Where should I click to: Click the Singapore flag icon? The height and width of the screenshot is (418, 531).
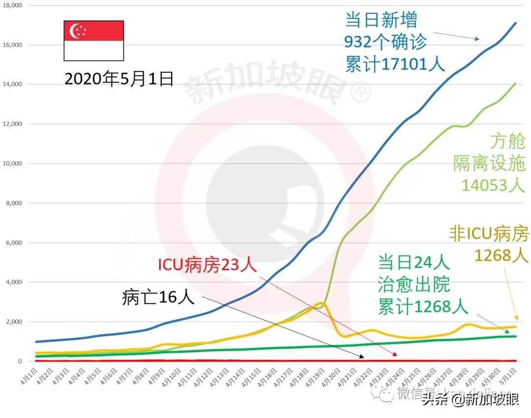tap(93, 41)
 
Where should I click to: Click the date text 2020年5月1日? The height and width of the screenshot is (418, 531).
tap(119, 79)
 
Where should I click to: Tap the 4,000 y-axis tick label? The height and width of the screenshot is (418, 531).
tap(14, 282)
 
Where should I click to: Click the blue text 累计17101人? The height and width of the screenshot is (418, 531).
tap(394, 64)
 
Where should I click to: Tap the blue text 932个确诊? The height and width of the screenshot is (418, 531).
tap(386, 42)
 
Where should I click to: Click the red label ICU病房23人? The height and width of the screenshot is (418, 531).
tap(207, 265)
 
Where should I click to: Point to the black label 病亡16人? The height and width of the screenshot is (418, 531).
tap(158, 298)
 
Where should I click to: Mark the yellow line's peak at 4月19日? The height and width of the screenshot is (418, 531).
tap(321, 303)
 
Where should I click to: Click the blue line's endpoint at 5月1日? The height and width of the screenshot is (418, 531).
tap(515, 23)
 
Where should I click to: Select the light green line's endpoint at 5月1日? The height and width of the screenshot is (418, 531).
tap(515, 83)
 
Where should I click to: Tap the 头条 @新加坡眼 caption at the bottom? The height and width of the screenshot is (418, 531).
tap(470, 401)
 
